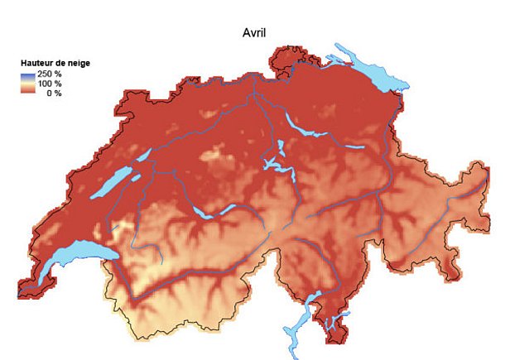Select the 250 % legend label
coord(50,74)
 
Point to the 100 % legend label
coord(50,84)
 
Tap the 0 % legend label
coord(53,93)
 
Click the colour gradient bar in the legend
coord(28,84)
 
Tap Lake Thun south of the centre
coord(203,210)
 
